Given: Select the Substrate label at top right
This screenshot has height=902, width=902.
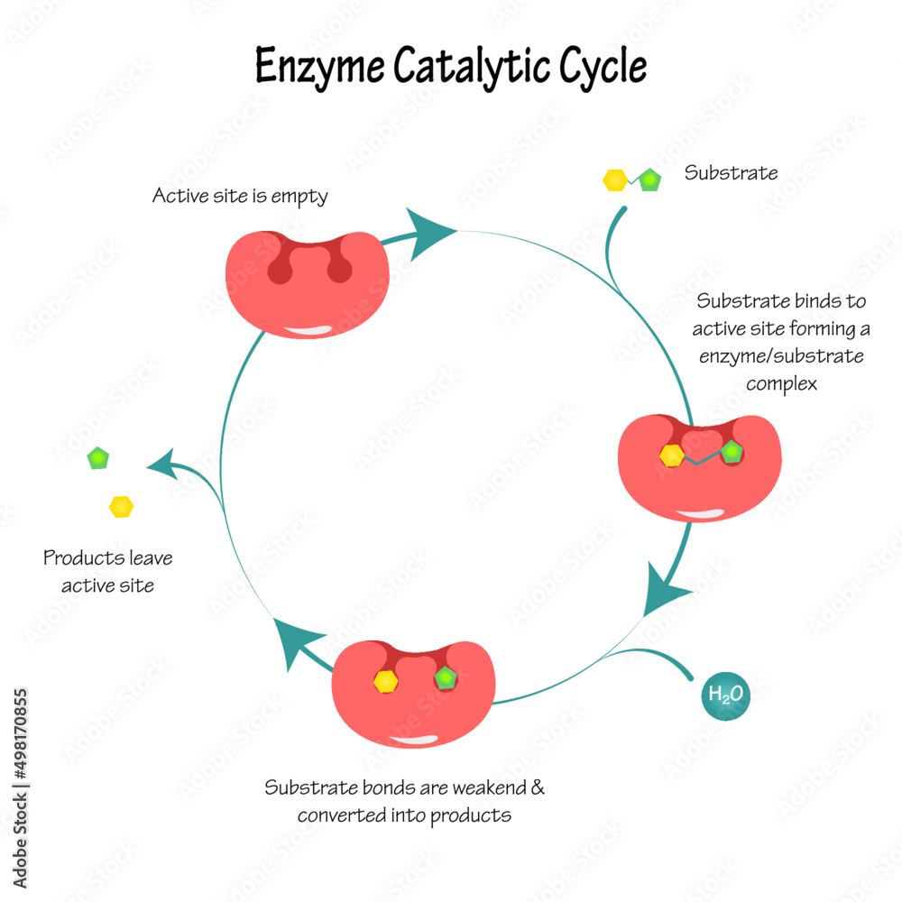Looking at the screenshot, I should [731, 173].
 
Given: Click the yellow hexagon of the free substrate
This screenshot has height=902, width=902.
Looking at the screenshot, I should [614, 180].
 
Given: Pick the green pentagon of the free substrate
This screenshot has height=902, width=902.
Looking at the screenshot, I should [649, 180].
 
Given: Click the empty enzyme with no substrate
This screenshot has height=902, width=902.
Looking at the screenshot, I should [307, 280].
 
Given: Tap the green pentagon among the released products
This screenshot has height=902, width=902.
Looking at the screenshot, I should [98, 458].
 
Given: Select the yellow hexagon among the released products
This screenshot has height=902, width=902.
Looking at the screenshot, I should [122, 507].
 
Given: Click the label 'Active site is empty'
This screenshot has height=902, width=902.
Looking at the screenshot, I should [239, 196].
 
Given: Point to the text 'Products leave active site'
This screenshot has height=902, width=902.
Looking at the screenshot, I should [107, 572].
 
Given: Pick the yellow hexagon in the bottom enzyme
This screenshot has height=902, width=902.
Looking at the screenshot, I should [386, 681].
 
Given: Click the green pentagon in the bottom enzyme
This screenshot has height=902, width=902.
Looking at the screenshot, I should [446, 678].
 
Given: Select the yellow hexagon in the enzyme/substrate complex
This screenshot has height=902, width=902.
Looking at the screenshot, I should [671, 456].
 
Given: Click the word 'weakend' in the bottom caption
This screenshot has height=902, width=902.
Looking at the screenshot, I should [484, 788].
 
